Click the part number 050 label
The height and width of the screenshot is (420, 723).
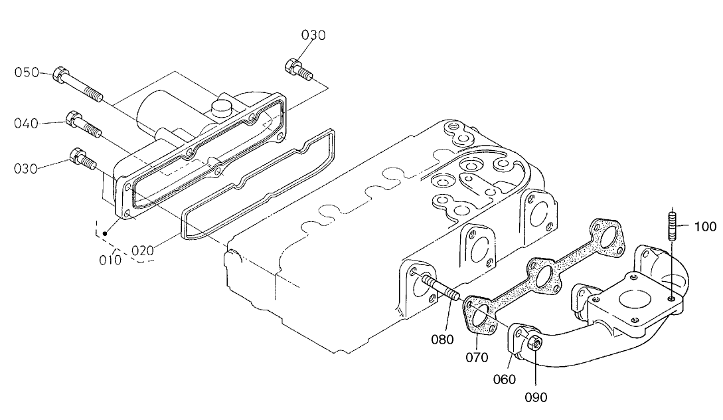pos(27,73)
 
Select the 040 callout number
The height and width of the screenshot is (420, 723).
pos(27,123)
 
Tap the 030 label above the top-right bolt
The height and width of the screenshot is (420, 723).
pos(313,35)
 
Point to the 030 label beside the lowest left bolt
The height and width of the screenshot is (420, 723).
pos(27,169)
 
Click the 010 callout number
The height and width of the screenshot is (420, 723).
pos(110,259)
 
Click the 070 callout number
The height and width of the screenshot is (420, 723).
pos(477,358)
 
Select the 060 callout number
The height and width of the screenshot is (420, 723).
pos(504,379)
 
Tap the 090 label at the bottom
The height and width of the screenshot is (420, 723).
pos(536,397)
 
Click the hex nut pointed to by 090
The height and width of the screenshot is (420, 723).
pos(534,343)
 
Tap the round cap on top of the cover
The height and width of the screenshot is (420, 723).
pos(222,107)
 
